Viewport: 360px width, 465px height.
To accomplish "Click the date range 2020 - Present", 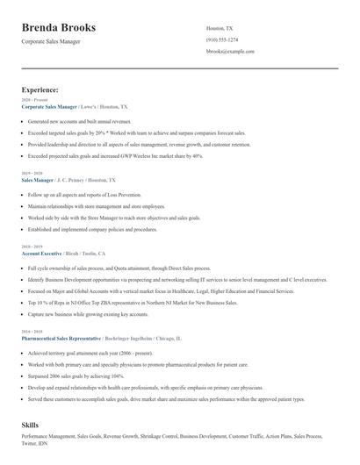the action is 32,100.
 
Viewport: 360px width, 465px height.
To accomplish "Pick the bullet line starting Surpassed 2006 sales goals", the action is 69,374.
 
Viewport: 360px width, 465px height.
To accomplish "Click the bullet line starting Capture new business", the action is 76,313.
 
